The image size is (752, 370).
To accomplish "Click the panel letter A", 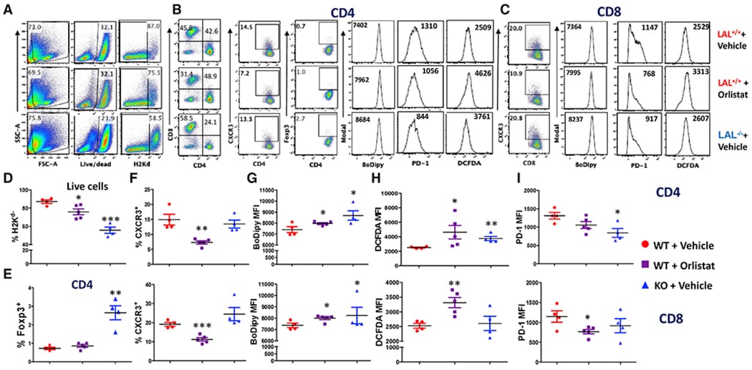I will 8,9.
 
